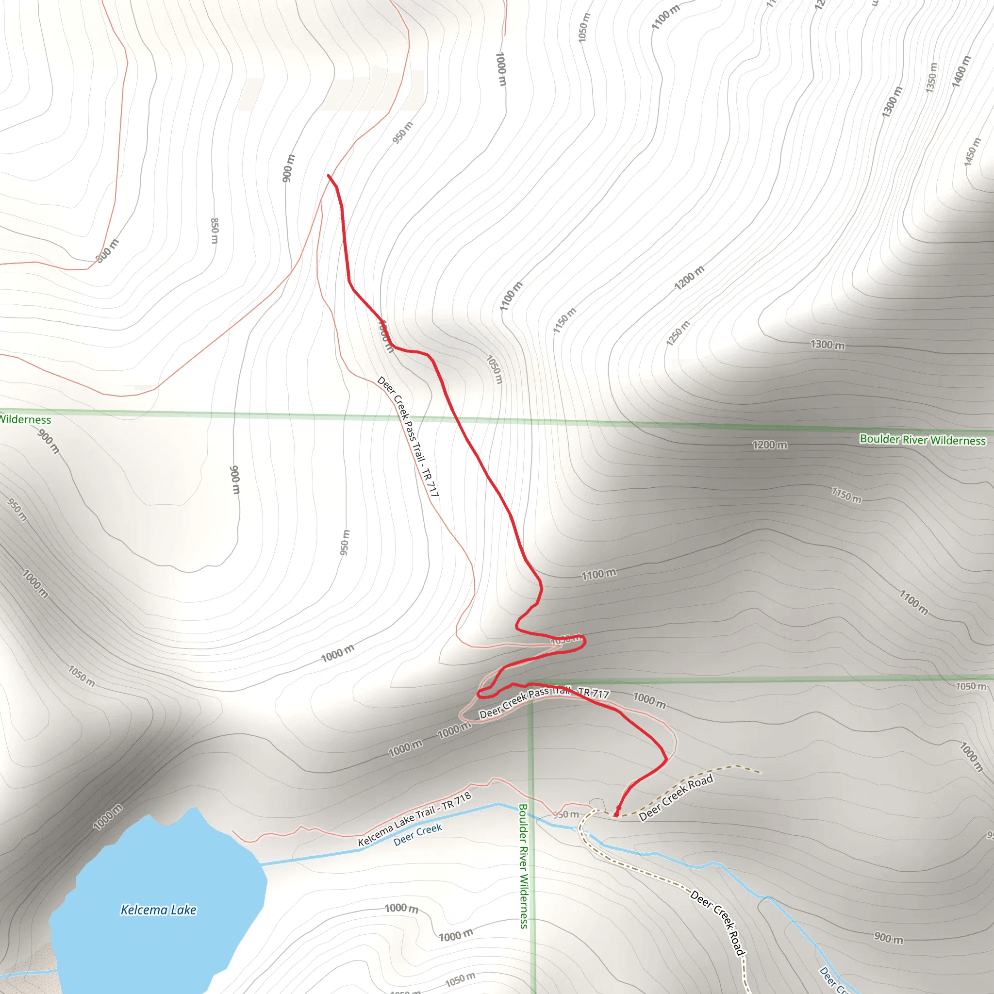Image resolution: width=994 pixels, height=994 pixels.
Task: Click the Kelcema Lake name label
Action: (158, 910)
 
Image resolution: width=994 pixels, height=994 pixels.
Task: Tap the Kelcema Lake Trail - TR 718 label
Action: (414, 819)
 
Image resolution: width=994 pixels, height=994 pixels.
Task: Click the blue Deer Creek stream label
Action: (418, 834)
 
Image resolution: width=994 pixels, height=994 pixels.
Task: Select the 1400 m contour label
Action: (961, 71)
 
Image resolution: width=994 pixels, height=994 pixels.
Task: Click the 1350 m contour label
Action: (931, 78)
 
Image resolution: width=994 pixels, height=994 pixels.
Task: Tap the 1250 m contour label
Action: (678, 333)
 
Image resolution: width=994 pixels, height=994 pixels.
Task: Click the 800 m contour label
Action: (107, 251)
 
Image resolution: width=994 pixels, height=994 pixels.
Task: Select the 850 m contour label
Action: (215, 231)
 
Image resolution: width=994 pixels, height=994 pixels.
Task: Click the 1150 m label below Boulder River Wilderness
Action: (846, 496)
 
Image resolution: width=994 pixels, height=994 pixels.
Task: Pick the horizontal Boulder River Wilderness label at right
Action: (923, 440)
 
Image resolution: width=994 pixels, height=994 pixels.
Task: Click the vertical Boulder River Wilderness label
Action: (523, 866)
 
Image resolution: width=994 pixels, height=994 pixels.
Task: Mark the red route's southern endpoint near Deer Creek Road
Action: (616, 815)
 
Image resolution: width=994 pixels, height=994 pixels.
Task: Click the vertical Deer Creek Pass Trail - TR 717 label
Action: (408, 436)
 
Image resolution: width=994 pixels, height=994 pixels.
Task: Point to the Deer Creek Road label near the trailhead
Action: (676, 797)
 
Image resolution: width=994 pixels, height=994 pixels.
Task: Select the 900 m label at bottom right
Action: (889, 937)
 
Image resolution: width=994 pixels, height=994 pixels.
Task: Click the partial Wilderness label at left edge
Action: (25, 419)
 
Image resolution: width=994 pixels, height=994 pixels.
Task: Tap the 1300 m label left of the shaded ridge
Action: (828, 345)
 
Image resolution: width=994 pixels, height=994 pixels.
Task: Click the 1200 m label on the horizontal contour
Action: (769, 445)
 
